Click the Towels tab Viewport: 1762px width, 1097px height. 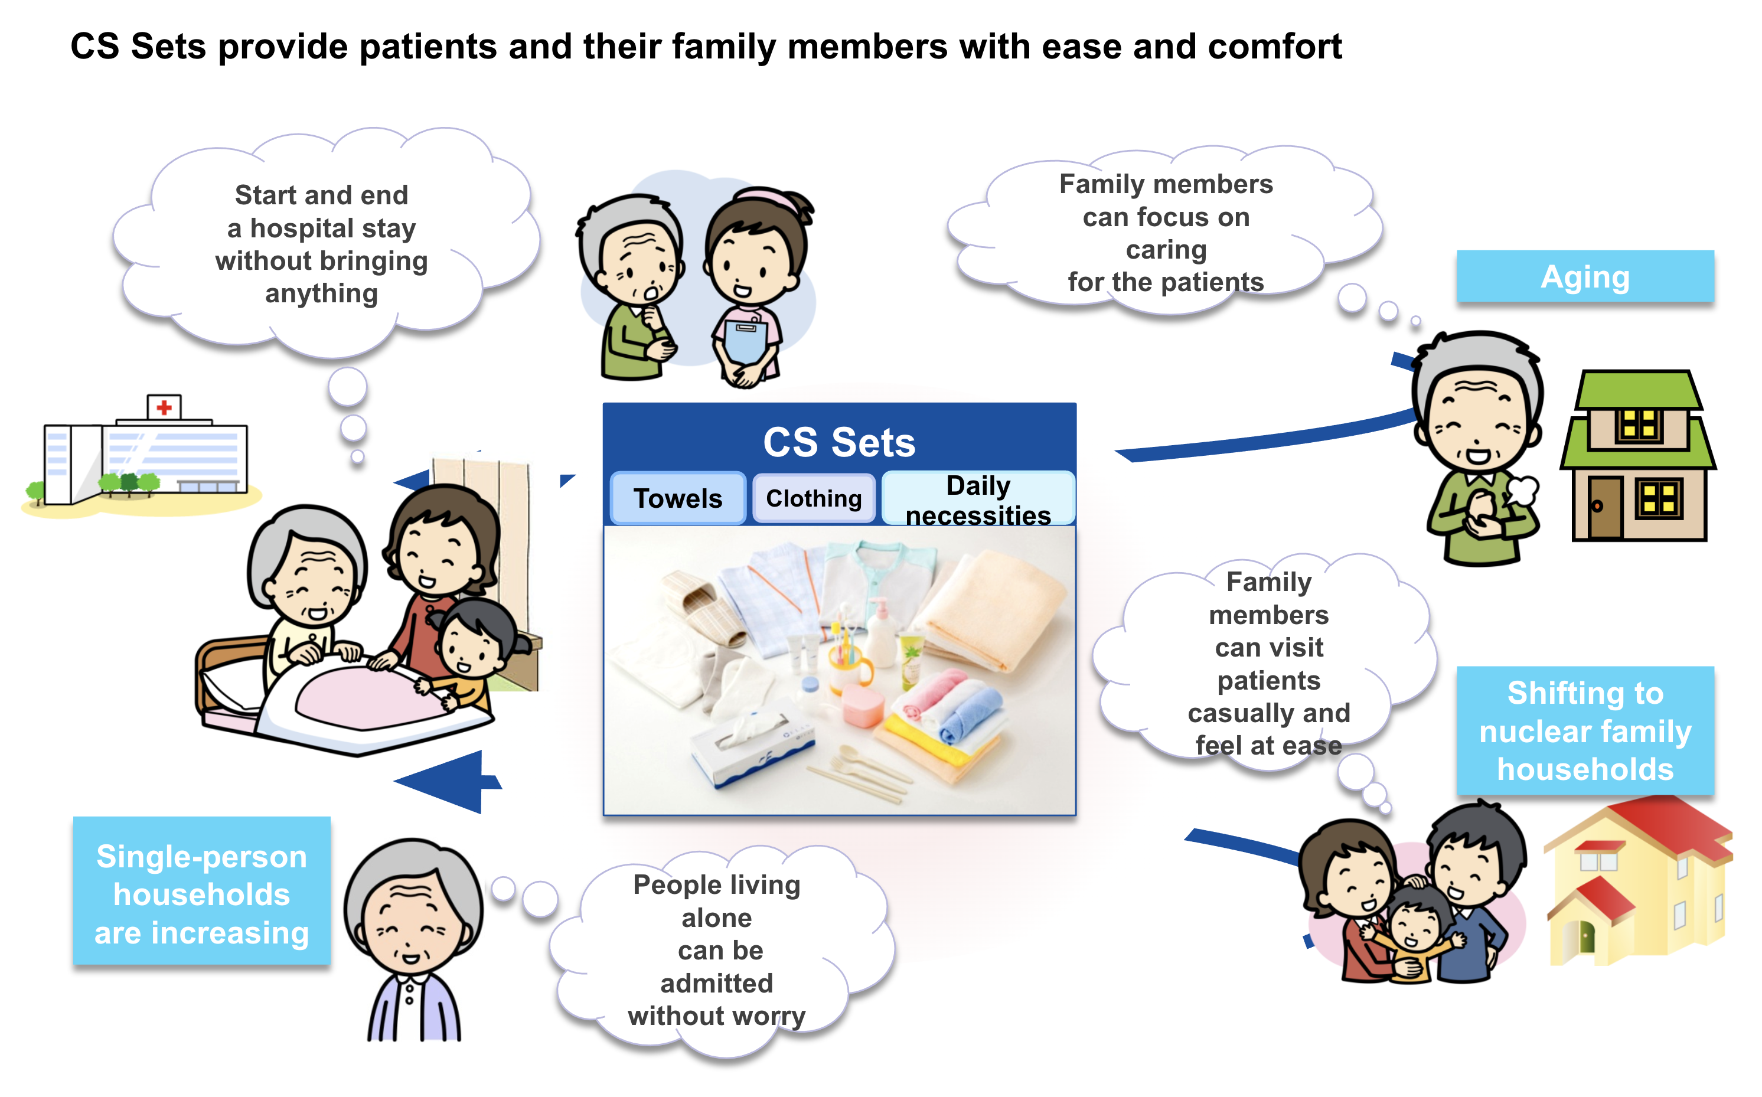(x=677, y=498)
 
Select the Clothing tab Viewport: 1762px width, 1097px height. (x=813, y=498)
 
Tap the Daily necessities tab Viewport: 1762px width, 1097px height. (x=978, y=498)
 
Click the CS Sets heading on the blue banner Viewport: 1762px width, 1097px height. (x=839, y=442)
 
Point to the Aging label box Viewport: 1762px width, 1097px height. (x=1585, y=276)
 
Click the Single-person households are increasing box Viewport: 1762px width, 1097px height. (x=202, y=892)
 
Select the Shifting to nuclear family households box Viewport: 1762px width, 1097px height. (x=1585, y=730)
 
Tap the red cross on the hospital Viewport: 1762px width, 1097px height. (x=164, y=407)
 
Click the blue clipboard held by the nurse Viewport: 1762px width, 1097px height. (x=745, y=339)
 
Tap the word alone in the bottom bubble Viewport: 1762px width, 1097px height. (x=717, y=918)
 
